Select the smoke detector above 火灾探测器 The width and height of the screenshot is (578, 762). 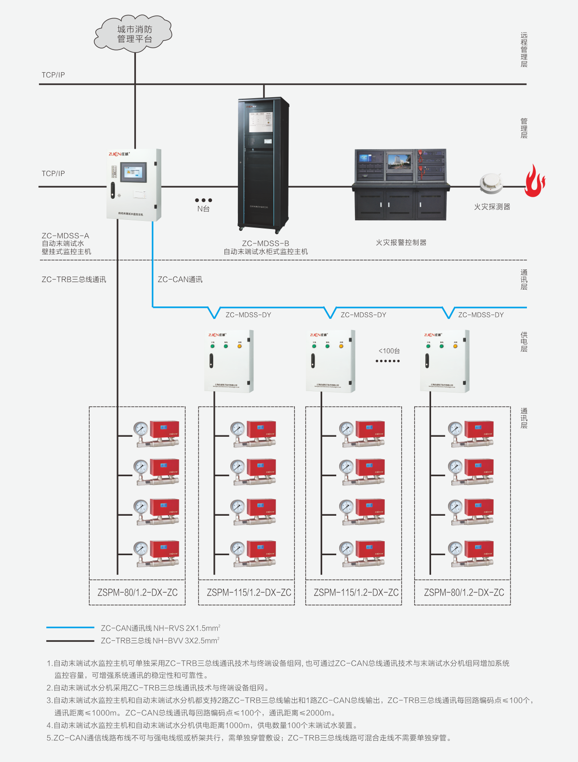click(x=491, y=183)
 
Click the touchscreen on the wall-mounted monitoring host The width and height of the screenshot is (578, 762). click(x=133, y=172)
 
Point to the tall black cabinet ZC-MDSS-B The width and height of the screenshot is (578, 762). click(x=263, y=164)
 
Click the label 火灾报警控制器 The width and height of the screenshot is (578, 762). click(x=401, y=242)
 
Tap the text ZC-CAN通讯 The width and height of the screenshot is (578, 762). click(x=180, y=279)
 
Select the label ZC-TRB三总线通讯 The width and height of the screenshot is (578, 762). click(x=74, y=279)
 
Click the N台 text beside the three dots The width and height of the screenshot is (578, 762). click(x=203, y=209)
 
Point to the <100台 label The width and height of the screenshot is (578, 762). click(x=389, y=351)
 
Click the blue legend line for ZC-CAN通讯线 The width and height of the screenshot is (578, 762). click(x=70, y=628)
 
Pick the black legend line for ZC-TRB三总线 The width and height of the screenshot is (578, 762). click(x=70, y=641)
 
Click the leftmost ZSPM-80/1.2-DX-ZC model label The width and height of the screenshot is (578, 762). click(x=137, y=593)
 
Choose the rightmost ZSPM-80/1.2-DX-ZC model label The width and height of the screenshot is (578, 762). click(x=464, y=593)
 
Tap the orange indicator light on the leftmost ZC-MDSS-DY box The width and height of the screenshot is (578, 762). click(x=239, y=346)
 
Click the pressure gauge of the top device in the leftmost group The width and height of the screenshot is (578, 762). click(x=141, y=428)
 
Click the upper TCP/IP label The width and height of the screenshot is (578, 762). click(x=53, y=75)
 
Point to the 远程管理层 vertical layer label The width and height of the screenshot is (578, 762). click(x=524, y=50)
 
